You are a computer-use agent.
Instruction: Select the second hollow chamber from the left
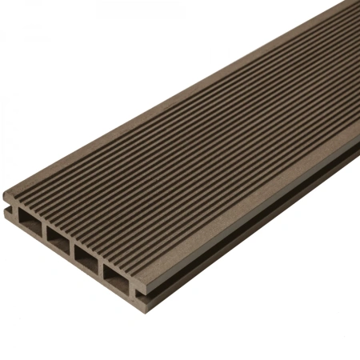(58, 239)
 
